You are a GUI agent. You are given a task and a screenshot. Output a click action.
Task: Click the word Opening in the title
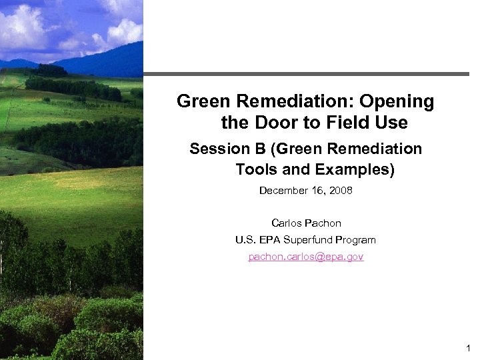tap(397, 102)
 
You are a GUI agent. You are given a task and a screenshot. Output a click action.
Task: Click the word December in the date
tap(283, 191)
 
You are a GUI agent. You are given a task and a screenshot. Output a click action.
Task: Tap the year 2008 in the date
tap(340, 191)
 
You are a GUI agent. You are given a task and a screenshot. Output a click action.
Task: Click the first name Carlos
tap(287, 223)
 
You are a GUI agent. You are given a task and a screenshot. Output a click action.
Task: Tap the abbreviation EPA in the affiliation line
tap(270, 240)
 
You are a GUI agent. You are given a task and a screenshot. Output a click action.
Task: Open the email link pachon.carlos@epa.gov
tap(306, 257)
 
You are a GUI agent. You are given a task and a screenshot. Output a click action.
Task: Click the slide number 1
tap(469, 348)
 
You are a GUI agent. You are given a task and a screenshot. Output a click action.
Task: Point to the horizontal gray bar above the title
tap(306, 74)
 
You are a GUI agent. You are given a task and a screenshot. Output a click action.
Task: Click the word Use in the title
tap(393, 123)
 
